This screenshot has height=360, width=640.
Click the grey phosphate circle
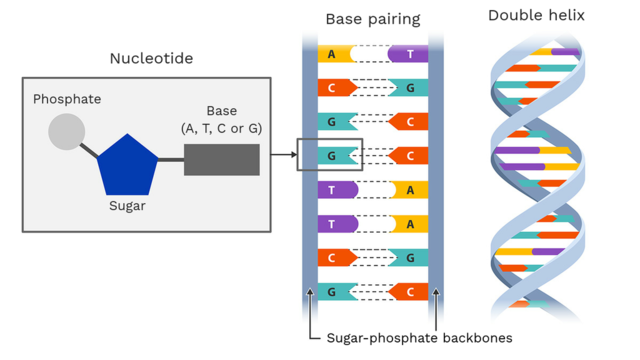click(67, 132)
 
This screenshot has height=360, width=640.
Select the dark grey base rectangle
click(221, 160)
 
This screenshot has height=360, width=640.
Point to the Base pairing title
click(373, 19)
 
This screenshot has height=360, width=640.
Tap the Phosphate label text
click(67, 99)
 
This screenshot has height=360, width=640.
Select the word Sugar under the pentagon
click(128, 206)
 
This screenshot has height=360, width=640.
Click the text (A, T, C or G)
click(221, 128)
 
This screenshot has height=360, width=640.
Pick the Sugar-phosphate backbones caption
click(420, 338)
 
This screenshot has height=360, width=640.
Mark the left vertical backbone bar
click(310, 180)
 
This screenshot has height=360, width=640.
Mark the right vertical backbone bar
click(436, 180)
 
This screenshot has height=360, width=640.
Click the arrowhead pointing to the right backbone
click(436, 293)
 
